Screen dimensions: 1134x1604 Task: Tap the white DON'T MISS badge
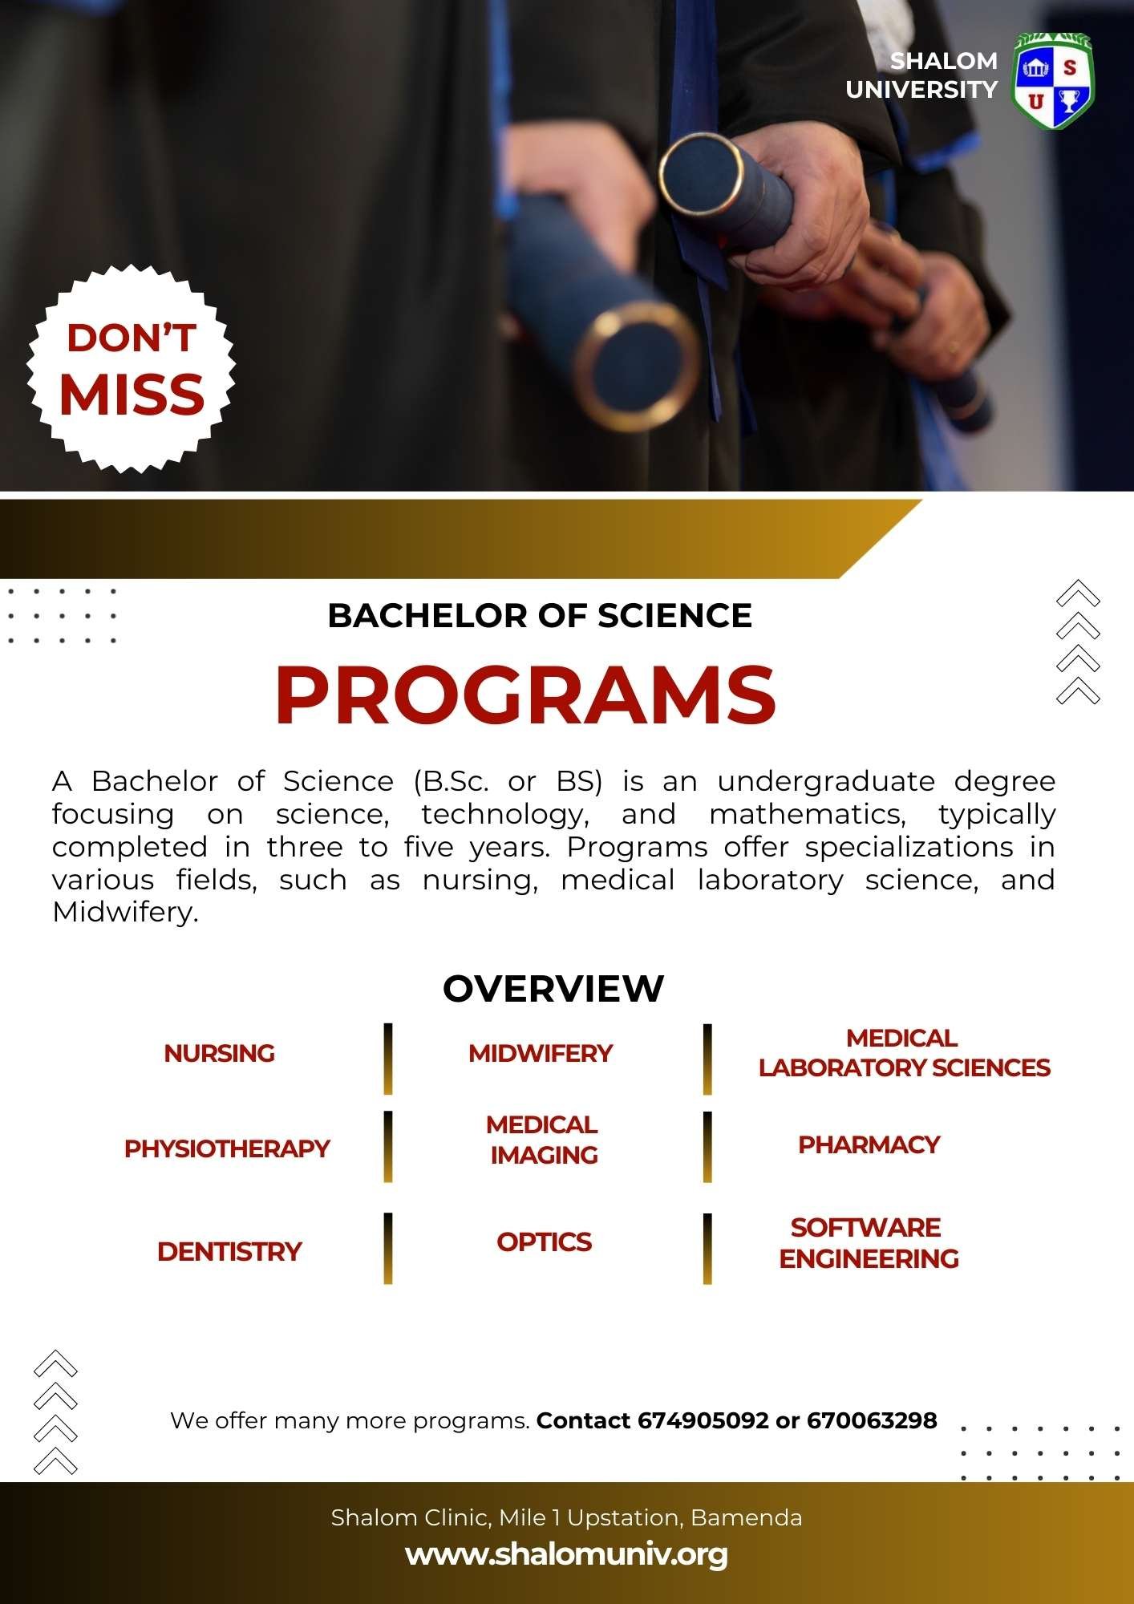[x=131, y=370]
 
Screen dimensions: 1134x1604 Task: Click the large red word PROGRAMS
[x=526, y=695]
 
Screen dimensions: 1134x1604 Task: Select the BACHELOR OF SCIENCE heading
[x=540, y=616]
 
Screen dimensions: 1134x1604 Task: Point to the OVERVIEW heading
[x=553, y=988]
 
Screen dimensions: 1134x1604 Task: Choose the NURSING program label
[x=219, y=1053]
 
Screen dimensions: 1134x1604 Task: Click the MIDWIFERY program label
[x=541, y=1053]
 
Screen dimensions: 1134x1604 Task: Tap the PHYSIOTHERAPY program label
[x=227, y=1148]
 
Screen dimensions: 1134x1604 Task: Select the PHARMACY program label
[x=869, y=1144]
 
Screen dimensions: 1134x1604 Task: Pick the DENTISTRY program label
[x=229, y=1251]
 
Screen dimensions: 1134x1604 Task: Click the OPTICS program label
[x=544, y=1242]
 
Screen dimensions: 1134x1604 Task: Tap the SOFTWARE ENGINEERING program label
[x=869, y=1243]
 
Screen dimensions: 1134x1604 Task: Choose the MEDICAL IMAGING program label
[x=543, y=1140]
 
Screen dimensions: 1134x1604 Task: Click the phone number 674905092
[x=703, y=1420]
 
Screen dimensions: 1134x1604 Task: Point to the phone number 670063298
[x=872, y=1420]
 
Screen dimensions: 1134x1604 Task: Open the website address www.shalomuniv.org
[x=566, y=1554]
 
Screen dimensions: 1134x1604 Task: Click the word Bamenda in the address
[x=746, y=1517]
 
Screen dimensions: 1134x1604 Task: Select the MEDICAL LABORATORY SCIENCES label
[x=904, y=1053]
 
